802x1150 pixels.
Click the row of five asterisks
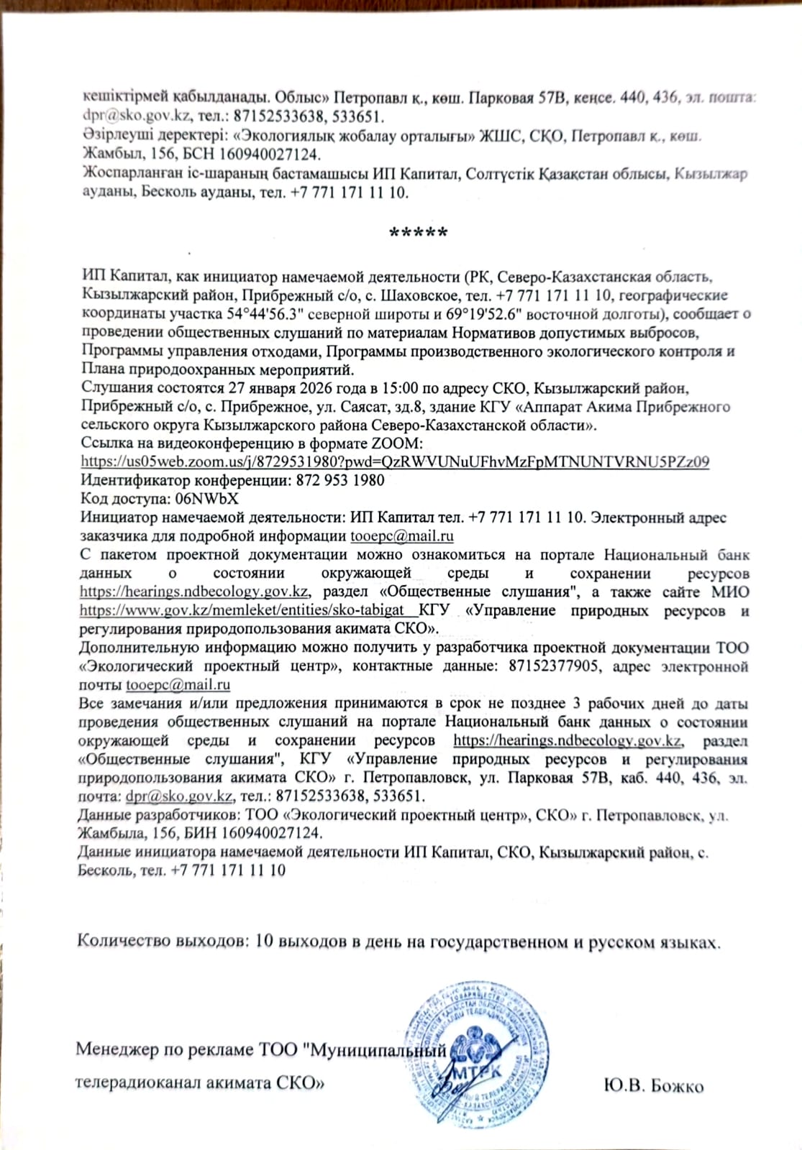tap(418, 233)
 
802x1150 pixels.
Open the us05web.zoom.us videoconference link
tap(395, 461)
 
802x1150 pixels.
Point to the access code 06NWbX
tap(212, 499)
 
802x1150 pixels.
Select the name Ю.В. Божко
tap(654, 1085)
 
